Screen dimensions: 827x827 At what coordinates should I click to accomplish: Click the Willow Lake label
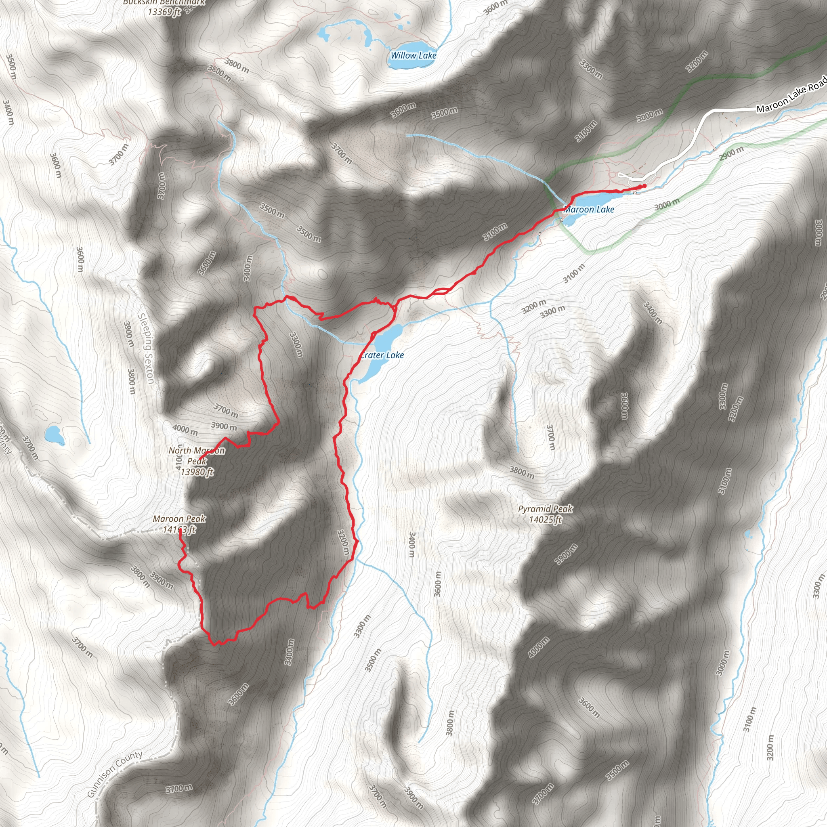pos(413,55)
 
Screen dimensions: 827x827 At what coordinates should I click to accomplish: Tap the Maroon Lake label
pos(589,209)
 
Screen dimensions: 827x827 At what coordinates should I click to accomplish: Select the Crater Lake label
pos(382,355)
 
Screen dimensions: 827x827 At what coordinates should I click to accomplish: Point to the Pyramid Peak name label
pos(545,509)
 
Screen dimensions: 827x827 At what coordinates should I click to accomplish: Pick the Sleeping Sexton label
pos(146,348)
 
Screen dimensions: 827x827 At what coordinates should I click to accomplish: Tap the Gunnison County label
pos(114,775)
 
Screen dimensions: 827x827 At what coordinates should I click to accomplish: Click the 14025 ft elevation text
pos(545,520)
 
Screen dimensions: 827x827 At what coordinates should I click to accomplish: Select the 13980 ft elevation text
pos(197,472)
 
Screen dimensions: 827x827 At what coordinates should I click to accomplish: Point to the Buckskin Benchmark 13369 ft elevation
pos(164,12)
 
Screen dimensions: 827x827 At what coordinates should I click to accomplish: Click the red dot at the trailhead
pos(644,186)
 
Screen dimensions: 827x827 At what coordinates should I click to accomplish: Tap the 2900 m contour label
pos(731,153)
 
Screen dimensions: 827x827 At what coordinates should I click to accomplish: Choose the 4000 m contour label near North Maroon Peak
pos(185,429)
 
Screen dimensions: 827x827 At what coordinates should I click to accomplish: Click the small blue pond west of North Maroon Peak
pos(55,435)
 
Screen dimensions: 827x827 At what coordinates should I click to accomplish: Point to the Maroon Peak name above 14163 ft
pos(179,519)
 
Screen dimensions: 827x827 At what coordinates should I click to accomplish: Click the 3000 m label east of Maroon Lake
pos(667,205)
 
